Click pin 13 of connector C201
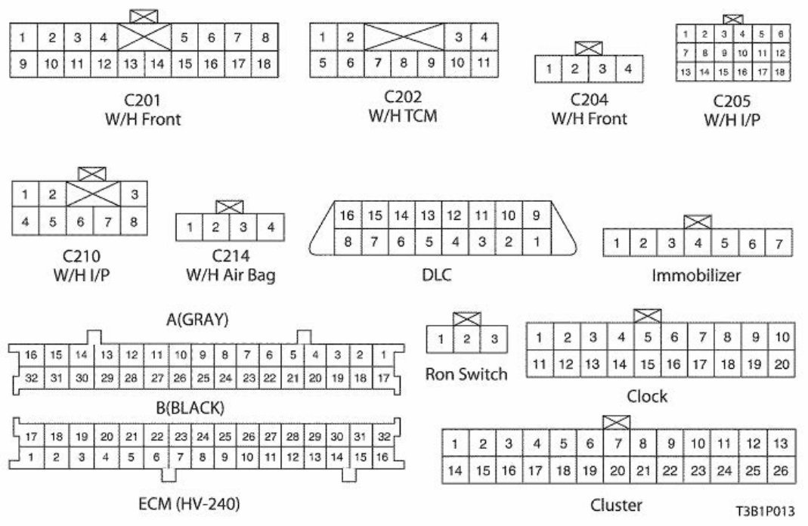(131, 63)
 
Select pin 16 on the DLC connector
(346, 216)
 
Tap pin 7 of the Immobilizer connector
(778, 243)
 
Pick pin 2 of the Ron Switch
(467, 339)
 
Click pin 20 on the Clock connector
(782, 364)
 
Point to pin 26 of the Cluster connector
(781, 471)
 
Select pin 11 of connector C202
(484, 63)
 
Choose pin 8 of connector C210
(134, 223)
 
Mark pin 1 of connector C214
(190, 227)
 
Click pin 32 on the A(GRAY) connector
(31, 377)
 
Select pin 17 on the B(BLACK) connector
(31, 436)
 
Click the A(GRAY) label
(197, 320)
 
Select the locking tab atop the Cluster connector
(616, 422)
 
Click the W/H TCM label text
(403, 116)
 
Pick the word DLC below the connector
(436, 275)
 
